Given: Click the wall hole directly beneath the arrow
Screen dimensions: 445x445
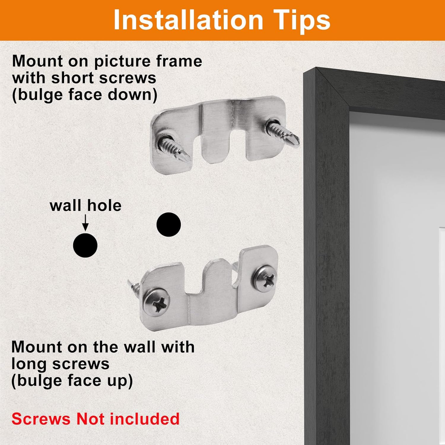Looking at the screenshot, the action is pyautogui.click(x=85, y=245).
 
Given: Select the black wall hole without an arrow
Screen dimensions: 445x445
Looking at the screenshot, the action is pyautogui.click(x=169, y=224).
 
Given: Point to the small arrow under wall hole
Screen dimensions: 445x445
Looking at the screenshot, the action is pyautogui.click(x=85, y=223).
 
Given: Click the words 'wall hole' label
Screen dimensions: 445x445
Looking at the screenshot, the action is pyautogui.click(x=85, y=205).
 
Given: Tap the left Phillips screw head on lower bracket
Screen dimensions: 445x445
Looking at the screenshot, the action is pyautogui.click(x=156, y=303).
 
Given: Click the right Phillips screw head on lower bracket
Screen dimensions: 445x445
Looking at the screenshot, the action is pyautogui.click(x=265, y=279).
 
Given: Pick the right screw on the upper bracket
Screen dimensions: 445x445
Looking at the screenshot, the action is pyautogui.click(x=282, y=133).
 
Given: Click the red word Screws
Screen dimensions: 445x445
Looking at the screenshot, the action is pyautogui.click(x=41, y=419).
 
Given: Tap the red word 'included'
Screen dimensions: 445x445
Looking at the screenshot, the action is pyautogui.click(x=145, y=419).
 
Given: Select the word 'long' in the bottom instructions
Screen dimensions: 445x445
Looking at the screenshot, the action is pyautogui.click(x=27, y=365).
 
